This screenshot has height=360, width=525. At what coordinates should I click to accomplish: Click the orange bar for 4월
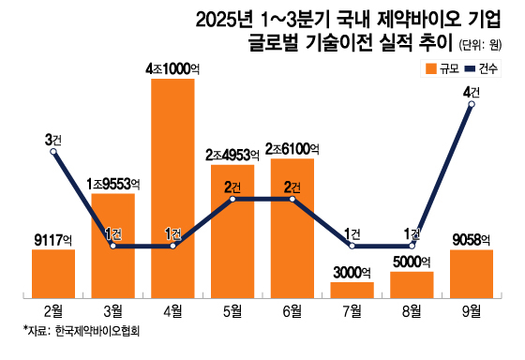pos(172,187)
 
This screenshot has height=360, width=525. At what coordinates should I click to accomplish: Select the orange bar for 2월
pos(53,273)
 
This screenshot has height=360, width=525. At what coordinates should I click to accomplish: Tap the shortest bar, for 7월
pos(352,289)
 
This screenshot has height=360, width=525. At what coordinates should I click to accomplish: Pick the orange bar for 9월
pos(472,273)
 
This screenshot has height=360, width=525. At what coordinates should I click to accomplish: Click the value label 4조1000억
pos(172,68)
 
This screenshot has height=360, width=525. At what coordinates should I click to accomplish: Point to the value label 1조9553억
pos(113,183)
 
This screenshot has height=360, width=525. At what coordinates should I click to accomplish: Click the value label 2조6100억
pos(292,149)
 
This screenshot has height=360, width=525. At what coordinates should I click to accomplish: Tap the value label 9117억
pos(53,239)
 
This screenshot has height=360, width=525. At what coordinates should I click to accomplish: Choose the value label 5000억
pos(412,262)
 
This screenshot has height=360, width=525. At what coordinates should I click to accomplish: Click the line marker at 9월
pos(472,105)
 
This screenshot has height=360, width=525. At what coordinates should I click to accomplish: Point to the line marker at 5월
pos(232,199)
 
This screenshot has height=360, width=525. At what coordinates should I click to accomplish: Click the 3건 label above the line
pos(53,139)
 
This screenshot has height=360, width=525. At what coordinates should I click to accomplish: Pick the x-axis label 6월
pos(292,310)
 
